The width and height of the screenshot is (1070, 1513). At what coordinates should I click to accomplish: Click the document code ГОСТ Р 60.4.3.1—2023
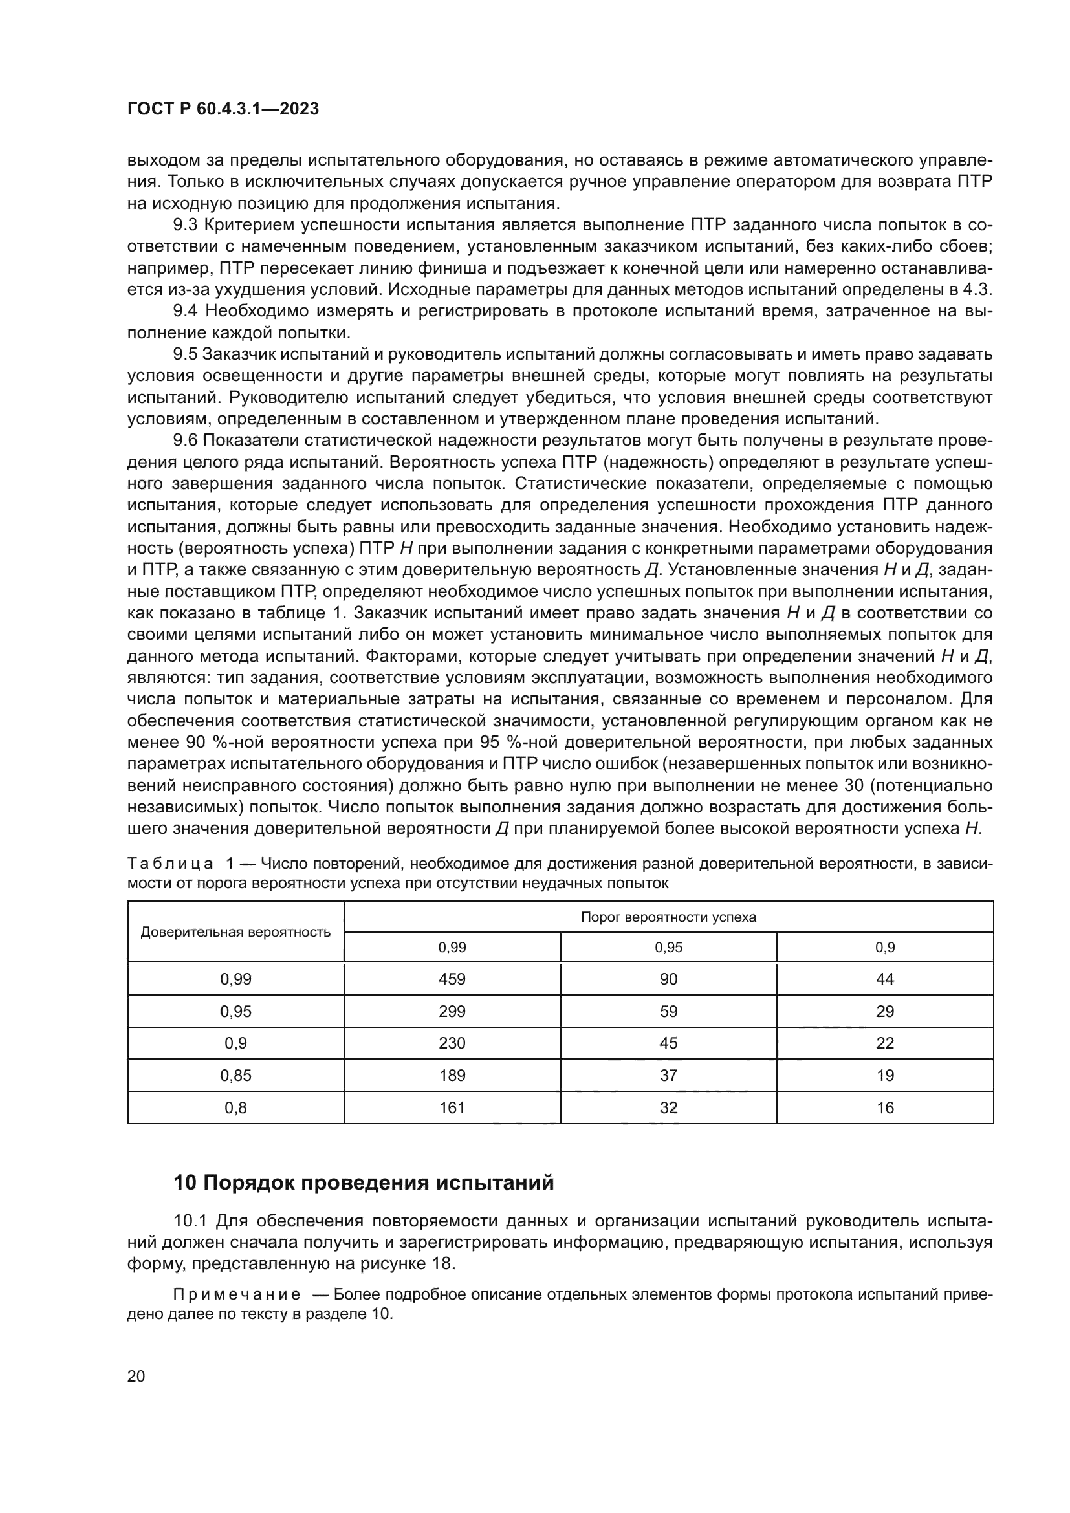[223, 109]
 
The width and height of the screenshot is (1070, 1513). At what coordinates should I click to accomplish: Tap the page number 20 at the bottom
[136, 1376]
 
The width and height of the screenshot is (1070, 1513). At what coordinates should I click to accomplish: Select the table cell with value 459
[452, 979]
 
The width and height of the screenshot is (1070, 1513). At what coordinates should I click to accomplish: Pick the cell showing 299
[452, 1012]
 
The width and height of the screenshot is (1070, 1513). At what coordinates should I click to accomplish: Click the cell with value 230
[452, 1043]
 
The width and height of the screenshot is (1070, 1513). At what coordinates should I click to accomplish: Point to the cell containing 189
[452, 1076]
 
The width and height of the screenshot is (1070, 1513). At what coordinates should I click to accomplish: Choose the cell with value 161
[452, 1107]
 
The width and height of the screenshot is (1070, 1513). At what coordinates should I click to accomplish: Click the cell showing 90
[668, 979]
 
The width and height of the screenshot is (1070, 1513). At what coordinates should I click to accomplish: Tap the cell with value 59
[668, 1012]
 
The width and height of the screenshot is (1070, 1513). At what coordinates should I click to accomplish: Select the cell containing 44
[885, 979]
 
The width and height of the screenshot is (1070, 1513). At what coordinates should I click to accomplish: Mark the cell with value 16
[885, 1107]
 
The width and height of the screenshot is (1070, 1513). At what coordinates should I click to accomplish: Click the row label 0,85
[236, 1076]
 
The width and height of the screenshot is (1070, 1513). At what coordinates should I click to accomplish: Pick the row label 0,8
[236, 1107]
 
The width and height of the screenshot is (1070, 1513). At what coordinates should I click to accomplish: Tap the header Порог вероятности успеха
[668, 917]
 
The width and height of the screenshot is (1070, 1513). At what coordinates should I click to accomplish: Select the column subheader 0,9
[885, 948]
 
